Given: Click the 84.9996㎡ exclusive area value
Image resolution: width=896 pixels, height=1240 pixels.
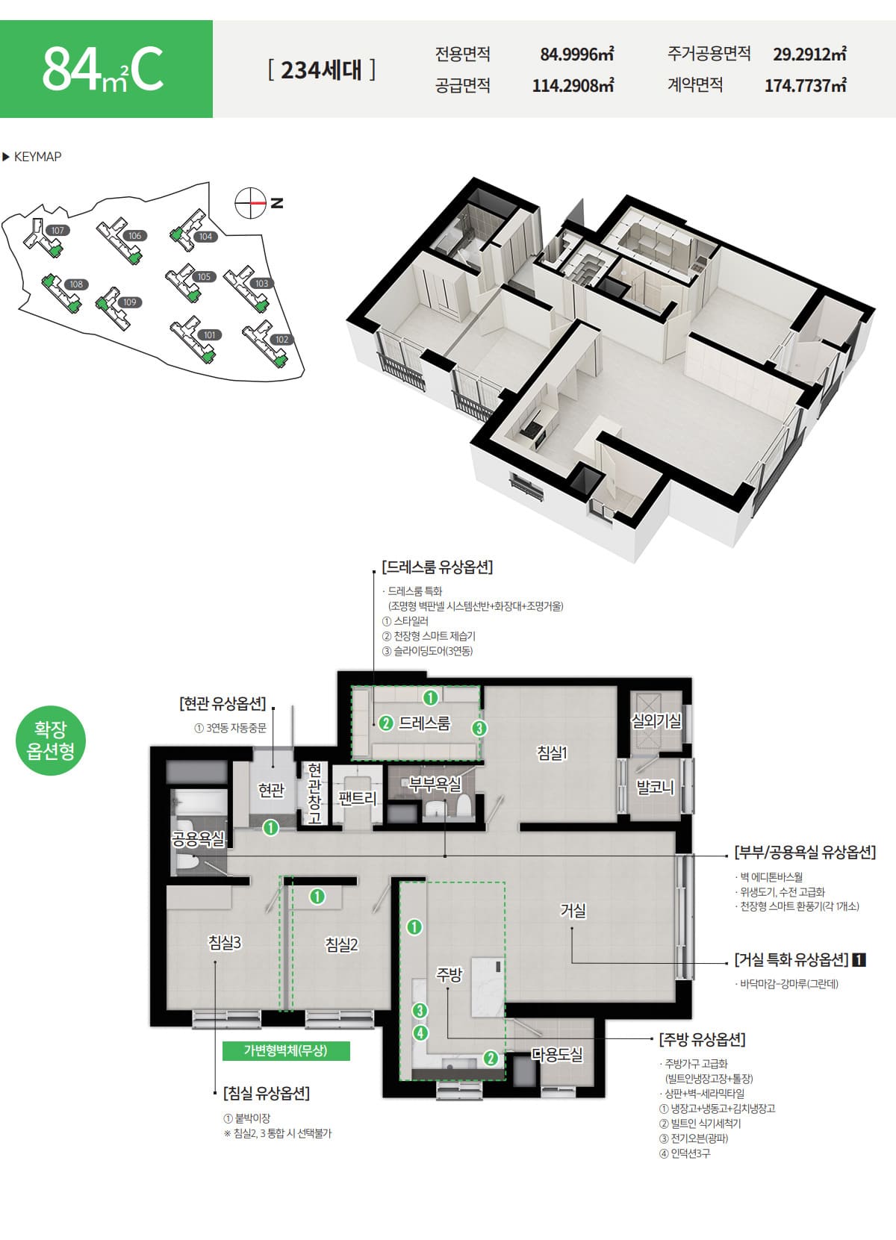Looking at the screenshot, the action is click(577, 54).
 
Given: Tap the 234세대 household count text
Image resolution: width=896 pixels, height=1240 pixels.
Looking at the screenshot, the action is click(321, 70).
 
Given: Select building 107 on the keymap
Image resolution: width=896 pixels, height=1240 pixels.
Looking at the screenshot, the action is click(57, 230).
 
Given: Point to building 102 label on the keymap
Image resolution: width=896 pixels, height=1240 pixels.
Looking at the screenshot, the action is click(282, 340).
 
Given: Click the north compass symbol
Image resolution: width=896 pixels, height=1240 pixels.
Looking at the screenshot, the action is click(250, 203).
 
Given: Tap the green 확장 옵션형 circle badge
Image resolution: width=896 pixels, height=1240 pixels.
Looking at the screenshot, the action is click(50, 740).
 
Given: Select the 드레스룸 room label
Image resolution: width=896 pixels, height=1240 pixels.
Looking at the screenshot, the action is click(425, 723).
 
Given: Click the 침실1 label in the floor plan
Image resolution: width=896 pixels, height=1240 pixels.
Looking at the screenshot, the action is click(552, 753).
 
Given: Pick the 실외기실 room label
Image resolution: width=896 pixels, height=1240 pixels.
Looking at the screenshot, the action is click(656, 720).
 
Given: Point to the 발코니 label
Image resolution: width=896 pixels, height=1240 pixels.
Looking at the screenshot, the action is click(655, 787).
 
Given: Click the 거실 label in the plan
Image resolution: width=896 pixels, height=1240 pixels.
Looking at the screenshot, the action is click(573, 910).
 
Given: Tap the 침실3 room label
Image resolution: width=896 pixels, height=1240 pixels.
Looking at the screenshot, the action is click(224, 942).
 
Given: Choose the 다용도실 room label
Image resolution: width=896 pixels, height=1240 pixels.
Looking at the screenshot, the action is click(557, 1055).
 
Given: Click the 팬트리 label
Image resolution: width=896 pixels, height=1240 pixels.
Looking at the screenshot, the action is click(357, 798).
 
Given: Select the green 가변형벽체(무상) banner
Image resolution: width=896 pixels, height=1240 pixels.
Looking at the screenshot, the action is click(286, 1050).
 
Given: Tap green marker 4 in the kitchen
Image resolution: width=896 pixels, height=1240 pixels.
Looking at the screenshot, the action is click(420, 1032).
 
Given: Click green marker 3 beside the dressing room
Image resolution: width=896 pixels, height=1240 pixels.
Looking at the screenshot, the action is click(479, 728).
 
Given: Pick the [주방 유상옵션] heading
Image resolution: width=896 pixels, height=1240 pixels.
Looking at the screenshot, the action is click(702, 1040).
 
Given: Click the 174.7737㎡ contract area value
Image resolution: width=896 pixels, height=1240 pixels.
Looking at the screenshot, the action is click(806, 85).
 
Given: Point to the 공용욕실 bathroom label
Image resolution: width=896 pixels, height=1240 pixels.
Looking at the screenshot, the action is click(199, 839).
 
